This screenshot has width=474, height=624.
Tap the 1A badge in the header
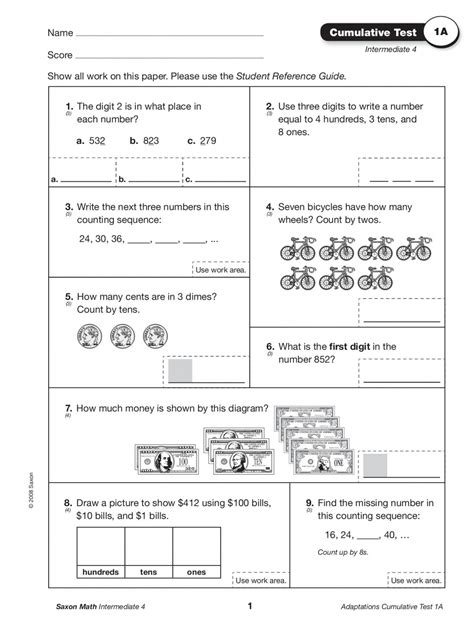438,34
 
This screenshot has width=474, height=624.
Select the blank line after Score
169,56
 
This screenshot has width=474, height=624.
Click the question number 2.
270,106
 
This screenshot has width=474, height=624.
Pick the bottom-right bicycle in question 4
414,277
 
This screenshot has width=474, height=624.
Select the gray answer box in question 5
180,371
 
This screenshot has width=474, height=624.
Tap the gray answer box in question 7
375,466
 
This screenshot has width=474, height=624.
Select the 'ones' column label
196,572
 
